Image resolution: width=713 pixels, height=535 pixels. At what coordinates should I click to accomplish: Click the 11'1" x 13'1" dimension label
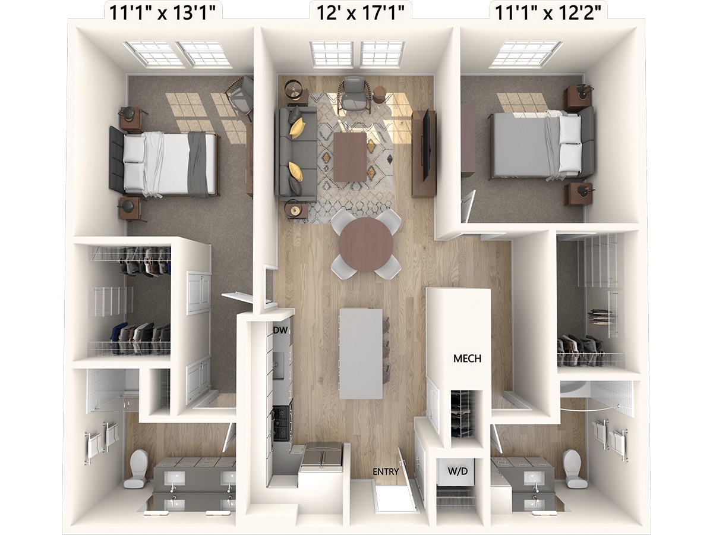click(162, 14)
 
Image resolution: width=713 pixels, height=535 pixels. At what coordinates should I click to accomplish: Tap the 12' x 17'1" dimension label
click(360, 14)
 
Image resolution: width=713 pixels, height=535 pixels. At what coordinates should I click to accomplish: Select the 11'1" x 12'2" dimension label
click(545, 14)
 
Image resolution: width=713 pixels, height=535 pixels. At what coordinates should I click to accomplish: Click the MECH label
click(467, 358)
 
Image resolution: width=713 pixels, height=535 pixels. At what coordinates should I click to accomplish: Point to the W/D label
click(458, 471)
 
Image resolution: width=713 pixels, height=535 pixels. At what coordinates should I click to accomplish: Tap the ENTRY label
click(386, 471)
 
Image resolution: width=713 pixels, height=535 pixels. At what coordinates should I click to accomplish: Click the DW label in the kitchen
click(281, 331)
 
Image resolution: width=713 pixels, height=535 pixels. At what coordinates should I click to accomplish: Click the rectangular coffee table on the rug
click(350, 156)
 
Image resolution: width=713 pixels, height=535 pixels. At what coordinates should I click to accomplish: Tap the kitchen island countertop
click(361, 354)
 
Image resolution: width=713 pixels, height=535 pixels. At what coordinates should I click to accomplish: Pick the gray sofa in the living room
click(295, 155)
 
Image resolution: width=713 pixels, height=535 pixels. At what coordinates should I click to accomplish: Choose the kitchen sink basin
click(278, 365)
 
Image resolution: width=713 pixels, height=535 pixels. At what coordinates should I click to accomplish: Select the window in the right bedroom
click(526, 54)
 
